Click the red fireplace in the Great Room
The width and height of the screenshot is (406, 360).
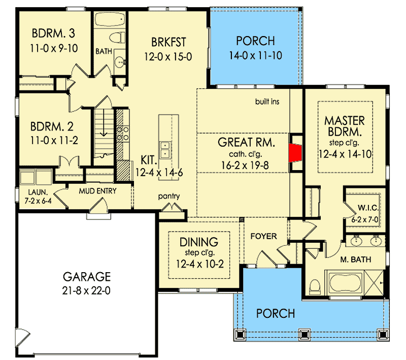pyautogui.click(x=295, y=153)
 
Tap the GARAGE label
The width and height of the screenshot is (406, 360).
pyautogui.click(x=87, y=277)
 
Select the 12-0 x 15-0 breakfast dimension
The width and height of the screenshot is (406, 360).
pyautogui.click(x=168, y=57)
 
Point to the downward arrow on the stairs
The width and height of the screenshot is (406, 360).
pyautogui.click(x=104, y=122)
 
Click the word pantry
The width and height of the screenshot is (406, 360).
pyautogui.click(x=169, y=197)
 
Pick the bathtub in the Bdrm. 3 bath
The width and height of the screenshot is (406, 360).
pyautogui.click(x=110, y=19)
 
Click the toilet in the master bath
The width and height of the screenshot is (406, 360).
pyautogui.click(x=315, y=287)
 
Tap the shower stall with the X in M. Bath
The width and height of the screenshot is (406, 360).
pyautogui.click(x=374, y=283)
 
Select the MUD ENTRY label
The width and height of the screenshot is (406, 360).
pyautogui.click(x=97, y=191)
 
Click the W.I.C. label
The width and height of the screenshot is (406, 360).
pyautogui.click(x=368, y=208)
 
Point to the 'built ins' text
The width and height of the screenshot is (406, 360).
pyautogui.click(x=267, y=102)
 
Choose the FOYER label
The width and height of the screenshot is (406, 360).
pyautogui.click(x=263, y=236)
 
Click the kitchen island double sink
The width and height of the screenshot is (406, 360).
pyautogui.click(x=164, y=150)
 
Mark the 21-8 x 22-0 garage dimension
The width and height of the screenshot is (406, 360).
pyautogui.click(x=86, y=290)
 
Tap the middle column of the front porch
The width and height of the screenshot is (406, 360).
pyautogui.click(x=304, y=335)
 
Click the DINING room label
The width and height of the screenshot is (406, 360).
pyautogui.click(x=199, y=242)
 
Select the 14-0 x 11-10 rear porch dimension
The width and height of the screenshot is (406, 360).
pyautogui.click(x=256, y=55)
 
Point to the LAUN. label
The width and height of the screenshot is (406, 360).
pyautogui.click(x=38, y=192)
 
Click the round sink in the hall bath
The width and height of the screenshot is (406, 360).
pyautogui.click(x=120, y=62)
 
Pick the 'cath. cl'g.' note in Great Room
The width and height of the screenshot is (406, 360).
pyautogui.click(x=246, y=154)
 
